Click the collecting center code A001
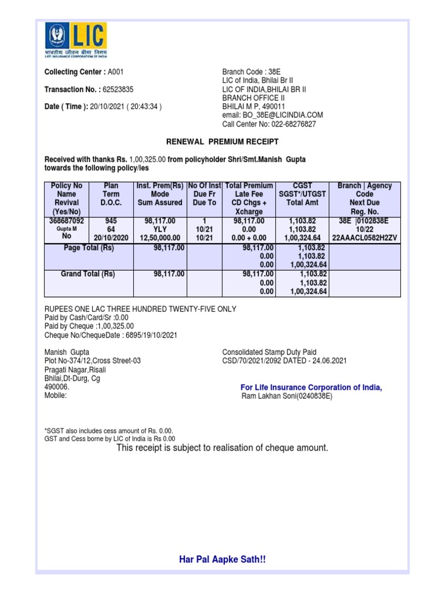(116, 72)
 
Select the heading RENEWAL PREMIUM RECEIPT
(222, 142)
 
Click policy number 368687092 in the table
(67, 221)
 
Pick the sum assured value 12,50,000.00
(160, 238)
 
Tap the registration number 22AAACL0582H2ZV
(364, 238)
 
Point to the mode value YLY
(160, 230)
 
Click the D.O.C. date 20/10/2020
(110, 238)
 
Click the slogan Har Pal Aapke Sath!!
(222, 560)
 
